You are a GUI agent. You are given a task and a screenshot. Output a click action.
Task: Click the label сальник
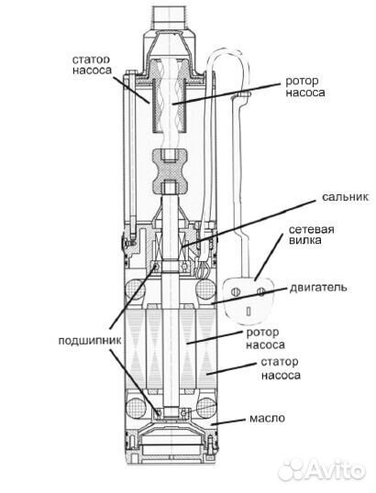pos(345,197)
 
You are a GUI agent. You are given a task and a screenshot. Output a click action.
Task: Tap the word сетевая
pos(311,229)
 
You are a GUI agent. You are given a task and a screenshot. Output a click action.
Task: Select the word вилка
pos(305,240)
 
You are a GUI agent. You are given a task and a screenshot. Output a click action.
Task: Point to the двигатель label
pos(318,288)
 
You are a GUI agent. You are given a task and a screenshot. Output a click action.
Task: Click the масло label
pos(267,419)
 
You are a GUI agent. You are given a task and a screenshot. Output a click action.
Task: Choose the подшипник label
pos(90,341)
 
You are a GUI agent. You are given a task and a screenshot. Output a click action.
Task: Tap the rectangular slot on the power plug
pos(249,312)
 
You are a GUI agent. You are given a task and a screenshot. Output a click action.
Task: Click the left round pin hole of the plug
pos(236,291)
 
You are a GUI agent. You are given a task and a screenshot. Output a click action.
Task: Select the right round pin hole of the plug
pos(260,291)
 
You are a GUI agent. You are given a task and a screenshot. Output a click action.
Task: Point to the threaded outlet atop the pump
pos(170,20)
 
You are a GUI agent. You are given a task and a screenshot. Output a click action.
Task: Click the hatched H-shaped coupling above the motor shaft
pos(171,171)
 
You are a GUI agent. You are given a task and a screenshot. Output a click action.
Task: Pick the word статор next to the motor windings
pos(280,362)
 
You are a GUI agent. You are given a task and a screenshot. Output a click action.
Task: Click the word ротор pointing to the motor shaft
pos(262,333)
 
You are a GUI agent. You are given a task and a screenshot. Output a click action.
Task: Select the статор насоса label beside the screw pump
pos(92,64)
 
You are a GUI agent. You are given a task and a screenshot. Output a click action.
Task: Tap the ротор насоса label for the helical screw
pos(305,87)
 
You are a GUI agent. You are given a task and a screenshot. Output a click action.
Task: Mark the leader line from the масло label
pos(228,422)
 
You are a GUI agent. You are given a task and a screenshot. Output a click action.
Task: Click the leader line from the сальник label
pos(249,224)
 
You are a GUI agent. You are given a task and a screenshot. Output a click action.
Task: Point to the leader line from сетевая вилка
pos(268,257)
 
